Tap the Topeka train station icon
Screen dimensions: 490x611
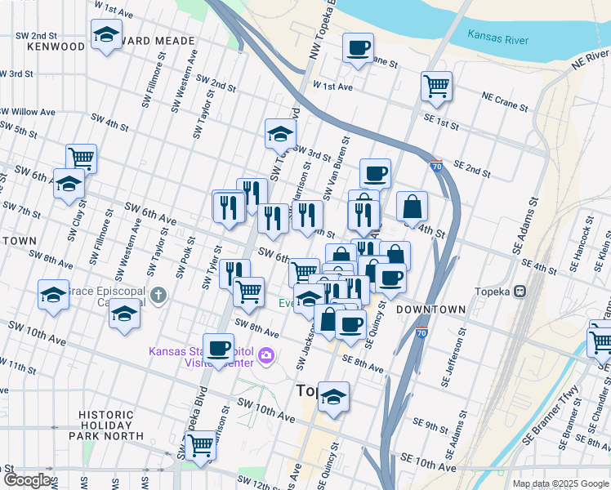(x=520, y=292)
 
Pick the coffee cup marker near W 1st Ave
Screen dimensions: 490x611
(x=357, y=47)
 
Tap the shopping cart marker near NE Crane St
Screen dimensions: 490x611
(x=436, y=85)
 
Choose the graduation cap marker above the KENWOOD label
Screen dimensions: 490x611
(x=106, y=35)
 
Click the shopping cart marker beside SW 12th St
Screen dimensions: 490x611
(x=200, y=446)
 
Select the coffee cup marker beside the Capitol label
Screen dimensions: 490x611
(x=218, y=347)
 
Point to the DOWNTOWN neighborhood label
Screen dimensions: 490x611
(x=430, y=310)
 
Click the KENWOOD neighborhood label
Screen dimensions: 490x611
(x=56, y=47)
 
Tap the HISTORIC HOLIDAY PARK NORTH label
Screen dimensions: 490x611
(x=106, y=425)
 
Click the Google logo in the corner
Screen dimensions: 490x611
(x=26, y=481)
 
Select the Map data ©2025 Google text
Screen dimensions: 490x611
(x=560, y=483)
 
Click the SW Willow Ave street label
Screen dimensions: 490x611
(x=29, y=112)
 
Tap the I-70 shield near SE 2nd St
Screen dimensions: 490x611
(x=436, y=165)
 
